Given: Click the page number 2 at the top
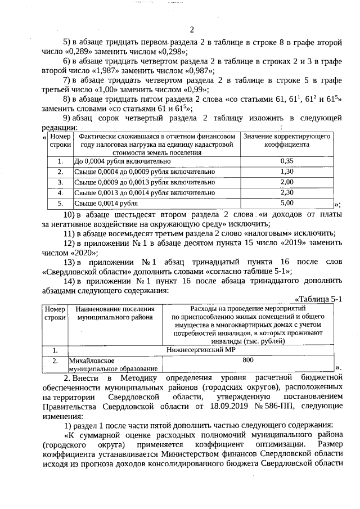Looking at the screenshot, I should click(x=192, y=29).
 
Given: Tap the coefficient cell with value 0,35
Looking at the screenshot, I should click(x=286, y=161).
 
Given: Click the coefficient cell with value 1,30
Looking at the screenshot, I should click(x=286, y=172).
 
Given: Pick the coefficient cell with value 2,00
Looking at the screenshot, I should click(x=286, y=182).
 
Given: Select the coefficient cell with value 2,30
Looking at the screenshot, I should click(x=286, y=192).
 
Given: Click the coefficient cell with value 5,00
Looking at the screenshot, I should click(x=286, y=203).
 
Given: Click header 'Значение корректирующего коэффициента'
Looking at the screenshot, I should click(x=286, y=141).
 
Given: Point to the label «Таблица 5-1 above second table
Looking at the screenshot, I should click(x=318, y=299).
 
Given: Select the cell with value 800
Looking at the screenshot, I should click(x=248, y=360).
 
